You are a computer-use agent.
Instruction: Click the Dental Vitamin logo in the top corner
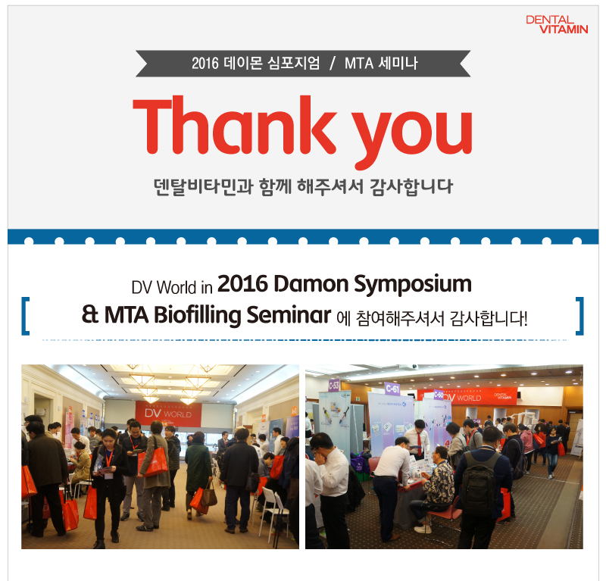(x=557, y=24)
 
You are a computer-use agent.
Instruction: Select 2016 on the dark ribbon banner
(x=205, y=64)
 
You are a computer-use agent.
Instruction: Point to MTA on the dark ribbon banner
(x=358, y=64)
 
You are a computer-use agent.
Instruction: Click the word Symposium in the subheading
(x=413, y=286)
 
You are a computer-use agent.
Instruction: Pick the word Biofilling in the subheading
(x=198, y=315)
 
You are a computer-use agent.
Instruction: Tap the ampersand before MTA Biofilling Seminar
(x=90, y=314)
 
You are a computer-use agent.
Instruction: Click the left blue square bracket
(x=26, y=316)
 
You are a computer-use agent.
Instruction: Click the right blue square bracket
(x=579, y=316)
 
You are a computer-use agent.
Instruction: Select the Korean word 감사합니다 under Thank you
(x=411, y=187)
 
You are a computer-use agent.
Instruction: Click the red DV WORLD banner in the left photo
(x=168, y=414)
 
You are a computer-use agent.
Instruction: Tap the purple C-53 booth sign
(x=334, y=386)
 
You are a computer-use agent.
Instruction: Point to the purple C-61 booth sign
(x=392, y=389)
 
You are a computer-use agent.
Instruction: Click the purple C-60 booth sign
(x=439, y=395)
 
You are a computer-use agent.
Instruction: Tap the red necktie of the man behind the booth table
(x=420, y=444)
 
